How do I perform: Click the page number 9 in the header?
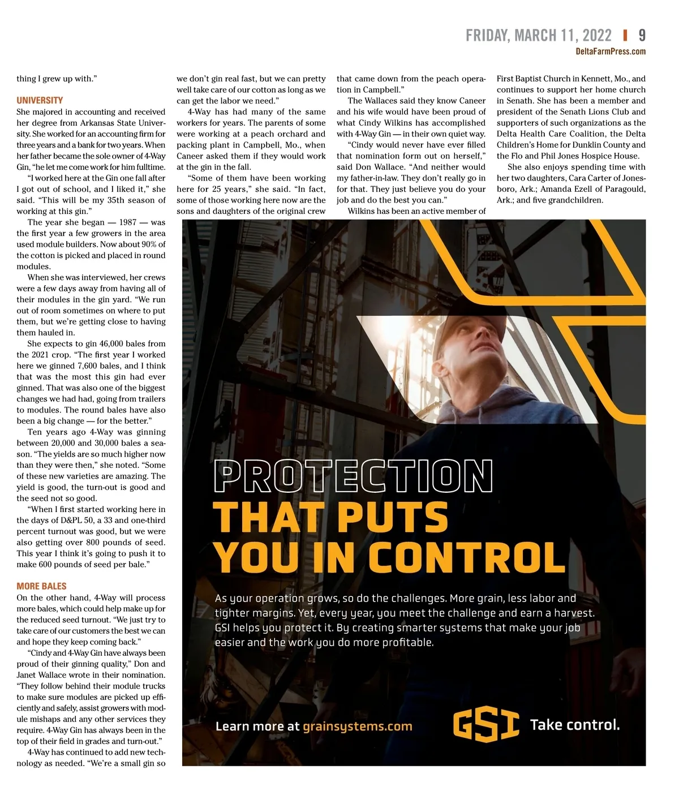coord(642,36)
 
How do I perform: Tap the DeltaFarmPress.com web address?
coord(611,51)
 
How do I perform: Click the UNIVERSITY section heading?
coord(40,100)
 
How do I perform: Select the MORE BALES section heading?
coord(41,586)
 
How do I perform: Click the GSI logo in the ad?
coord(486,725)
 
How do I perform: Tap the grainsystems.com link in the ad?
coord(358,726)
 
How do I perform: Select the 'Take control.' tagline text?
coord(574,725)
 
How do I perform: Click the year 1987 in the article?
coord(128,222)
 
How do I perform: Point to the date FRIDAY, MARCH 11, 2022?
coord(538,36)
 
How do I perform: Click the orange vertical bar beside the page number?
coord(625,36)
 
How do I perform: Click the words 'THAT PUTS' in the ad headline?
coord(330,516)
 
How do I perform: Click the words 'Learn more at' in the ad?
coord(257,726)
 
